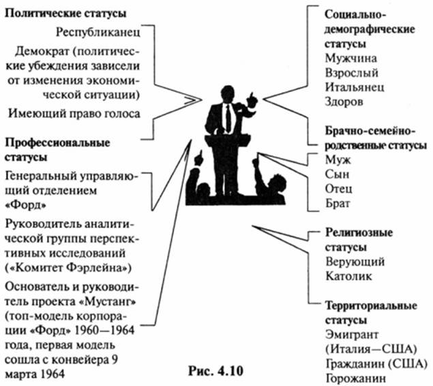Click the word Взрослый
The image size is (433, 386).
(x=352, y=72)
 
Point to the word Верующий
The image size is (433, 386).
(x=355, y=261)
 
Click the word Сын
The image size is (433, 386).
(x=339, y=176)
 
